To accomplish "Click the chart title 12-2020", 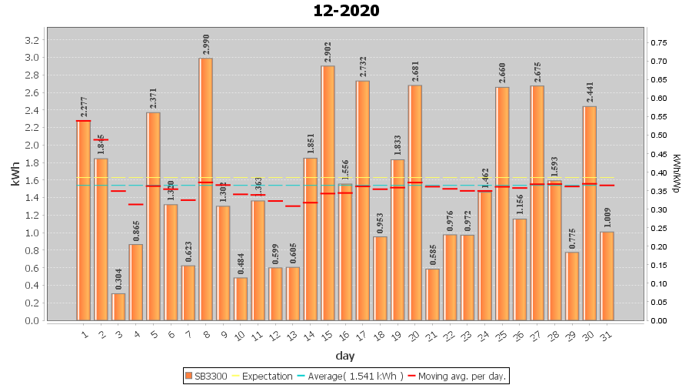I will (x=346, y=12).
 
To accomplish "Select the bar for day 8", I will (x=206, y=189).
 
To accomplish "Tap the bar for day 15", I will (x=328, y=192).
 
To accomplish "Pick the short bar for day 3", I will (x=118, y=306).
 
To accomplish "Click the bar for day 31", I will (x=607, y=276).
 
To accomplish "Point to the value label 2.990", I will (x=206, y=45).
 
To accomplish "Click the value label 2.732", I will (x=363, y=67).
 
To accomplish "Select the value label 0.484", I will (x=241, y=264).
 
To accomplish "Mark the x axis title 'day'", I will (x=344, y=356).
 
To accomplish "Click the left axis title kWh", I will (x=15, y=179).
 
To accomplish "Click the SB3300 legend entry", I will (x=208, y=377).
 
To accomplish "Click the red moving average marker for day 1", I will (x=84, y=121).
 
